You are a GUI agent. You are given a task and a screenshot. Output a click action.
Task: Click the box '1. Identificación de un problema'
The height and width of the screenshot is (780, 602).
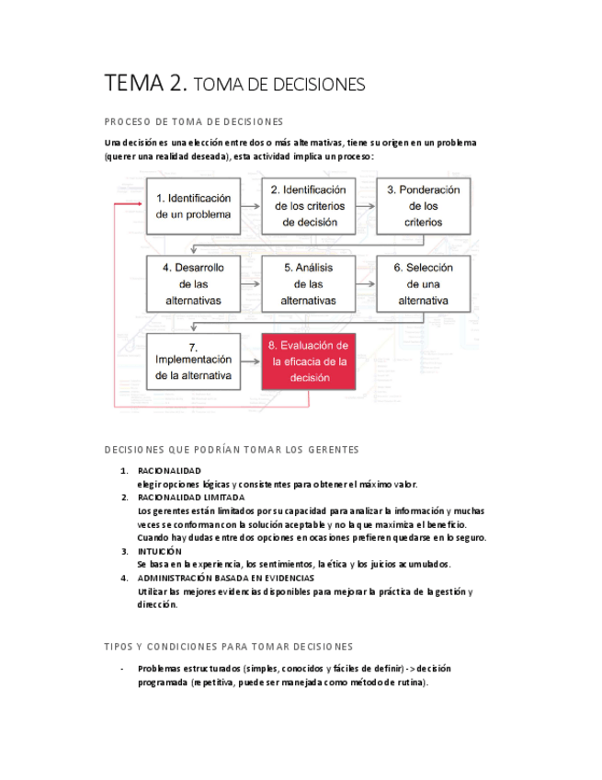193,206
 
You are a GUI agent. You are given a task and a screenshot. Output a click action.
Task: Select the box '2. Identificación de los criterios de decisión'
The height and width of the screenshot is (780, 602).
308,206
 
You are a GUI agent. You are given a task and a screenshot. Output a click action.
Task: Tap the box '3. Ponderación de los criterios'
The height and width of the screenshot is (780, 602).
423,206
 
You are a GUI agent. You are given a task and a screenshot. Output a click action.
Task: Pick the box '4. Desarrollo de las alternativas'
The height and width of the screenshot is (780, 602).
193,283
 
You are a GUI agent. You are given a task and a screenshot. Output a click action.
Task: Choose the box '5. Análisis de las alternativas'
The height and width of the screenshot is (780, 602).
308,283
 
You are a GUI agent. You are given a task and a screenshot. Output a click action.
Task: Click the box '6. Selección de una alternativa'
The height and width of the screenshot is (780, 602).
423,283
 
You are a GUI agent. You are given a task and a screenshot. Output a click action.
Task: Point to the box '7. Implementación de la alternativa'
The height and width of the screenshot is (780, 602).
193,361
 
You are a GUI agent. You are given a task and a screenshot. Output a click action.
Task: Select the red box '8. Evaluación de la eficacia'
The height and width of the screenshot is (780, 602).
308,361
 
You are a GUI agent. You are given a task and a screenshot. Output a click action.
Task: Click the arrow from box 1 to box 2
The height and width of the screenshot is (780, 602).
250,206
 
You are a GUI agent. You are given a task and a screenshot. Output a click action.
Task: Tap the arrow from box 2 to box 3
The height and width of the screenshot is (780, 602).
365,206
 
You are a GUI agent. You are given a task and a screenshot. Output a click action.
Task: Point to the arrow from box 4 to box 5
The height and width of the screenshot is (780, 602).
250,283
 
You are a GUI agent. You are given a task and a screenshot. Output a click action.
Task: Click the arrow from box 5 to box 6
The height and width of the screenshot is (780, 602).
365,283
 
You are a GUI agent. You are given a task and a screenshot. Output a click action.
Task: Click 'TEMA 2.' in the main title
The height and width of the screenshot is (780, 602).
146,84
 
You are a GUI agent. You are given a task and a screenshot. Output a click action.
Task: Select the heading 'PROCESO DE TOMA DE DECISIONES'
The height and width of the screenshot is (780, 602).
194,121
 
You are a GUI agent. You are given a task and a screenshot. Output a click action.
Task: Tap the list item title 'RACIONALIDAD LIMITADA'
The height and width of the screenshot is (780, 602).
191,498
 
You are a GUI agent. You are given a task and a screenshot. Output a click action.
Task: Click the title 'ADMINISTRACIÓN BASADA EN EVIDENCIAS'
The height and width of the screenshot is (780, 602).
225,578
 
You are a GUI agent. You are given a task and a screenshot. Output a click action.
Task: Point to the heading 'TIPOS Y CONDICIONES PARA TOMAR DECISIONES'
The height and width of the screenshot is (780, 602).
228,647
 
